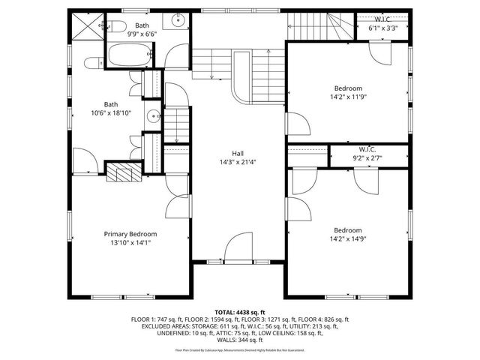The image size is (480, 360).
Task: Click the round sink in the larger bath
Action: [153, 116]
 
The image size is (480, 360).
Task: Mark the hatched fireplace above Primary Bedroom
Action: [121, 173]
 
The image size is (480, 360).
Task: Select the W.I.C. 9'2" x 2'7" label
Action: [367, 154]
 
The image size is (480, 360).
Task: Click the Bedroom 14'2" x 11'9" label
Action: [349, 91]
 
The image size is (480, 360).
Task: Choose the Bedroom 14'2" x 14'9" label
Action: [348, 235]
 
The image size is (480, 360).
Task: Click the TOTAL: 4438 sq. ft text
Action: [240, 311]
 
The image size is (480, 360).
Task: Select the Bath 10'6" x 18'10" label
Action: [111, 109]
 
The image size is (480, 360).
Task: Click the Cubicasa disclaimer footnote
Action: [240, 349]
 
